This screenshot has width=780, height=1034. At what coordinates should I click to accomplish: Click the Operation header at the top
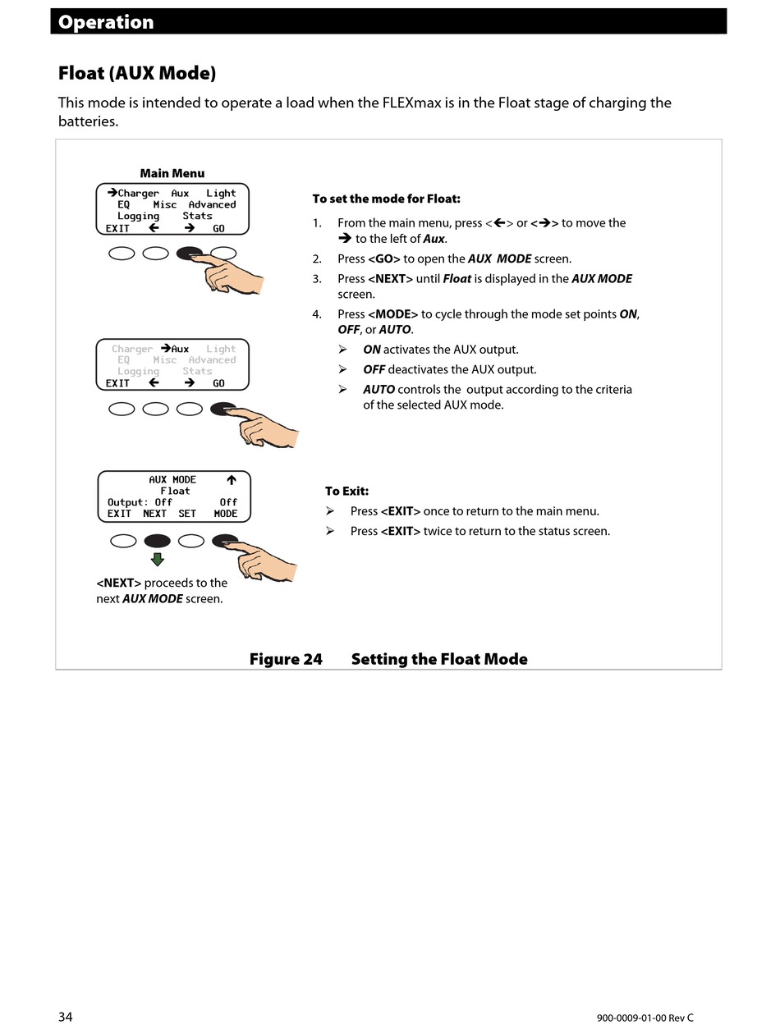(106, 22)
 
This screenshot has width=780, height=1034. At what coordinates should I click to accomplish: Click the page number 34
(66, 1017)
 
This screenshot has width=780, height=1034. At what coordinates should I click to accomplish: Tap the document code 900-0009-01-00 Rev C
(645, 1018)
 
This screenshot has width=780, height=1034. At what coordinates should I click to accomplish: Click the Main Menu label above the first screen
(172, 173)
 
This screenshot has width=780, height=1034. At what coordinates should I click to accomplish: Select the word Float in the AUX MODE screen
(175, 491)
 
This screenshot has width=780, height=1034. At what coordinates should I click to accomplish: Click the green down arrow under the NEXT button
(157, 560)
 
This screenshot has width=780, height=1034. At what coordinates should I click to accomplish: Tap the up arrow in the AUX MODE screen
(232, 479)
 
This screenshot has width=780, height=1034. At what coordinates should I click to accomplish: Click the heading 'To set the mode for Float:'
(386, 199)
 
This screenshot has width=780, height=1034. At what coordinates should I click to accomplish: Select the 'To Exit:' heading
(346, 491)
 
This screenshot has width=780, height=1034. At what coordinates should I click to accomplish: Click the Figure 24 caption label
(286, 659)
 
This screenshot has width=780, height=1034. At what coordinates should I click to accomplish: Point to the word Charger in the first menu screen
(138, 194)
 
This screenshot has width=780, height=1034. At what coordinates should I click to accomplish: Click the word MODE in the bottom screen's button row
(226, 514)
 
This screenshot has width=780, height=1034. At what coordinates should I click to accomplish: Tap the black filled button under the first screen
(190, 253)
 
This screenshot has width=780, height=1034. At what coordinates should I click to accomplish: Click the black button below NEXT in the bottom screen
(157, 541)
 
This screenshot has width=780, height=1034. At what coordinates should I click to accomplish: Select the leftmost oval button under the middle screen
(122, 409)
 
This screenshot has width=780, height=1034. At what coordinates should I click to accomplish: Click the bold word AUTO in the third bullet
(379, 389)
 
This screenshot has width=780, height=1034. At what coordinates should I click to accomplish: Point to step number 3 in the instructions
(317, 279)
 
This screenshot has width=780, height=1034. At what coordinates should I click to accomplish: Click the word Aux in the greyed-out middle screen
(180, 349)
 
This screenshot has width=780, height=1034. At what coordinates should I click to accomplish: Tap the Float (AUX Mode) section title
(137, 73)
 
